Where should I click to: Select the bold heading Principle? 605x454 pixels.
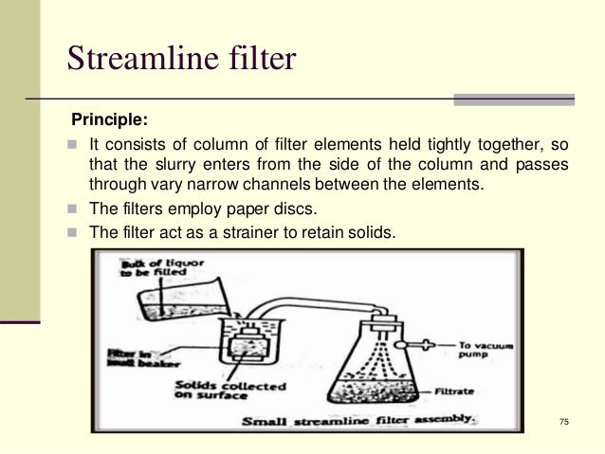click(x=111, y=121)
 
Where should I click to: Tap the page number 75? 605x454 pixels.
click(x=565, y=422)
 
